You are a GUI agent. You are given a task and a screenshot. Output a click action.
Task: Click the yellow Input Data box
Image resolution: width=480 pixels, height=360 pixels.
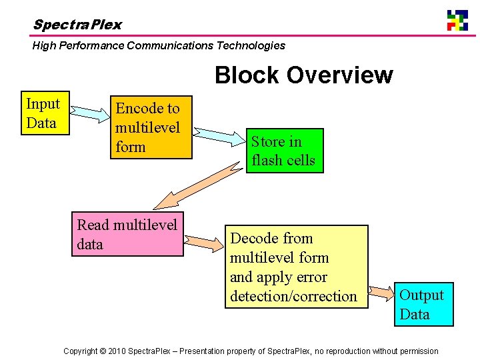(x=45, y=113)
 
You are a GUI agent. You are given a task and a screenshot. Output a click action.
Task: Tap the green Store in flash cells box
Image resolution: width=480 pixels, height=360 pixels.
(x=285, y=151)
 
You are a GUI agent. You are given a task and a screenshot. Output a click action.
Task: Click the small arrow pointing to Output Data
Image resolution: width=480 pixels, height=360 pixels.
(x=381, y=292)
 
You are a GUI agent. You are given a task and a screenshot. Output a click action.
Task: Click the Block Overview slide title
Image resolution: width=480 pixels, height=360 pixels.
(x=303, y=75)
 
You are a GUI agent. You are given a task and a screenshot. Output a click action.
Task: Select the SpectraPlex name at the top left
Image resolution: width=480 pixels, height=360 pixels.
(x=77, y=25)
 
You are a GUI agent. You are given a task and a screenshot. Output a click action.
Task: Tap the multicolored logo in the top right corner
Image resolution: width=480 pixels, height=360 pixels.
(x=457, y=20)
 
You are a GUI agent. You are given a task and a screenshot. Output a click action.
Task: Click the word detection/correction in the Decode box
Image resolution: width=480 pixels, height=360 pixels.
(x=293, y=296)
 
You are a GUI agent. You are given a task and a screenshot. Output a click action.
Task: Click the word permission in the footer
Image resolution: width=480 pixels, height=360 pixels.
(x=417, y=351)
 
